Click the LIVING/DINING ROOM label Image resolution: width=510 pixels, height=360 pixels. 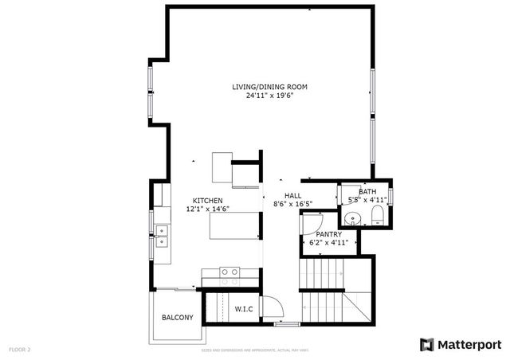pos(269,87)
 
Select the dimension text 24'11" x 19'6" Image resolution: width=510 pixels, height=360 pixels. pos(269,96)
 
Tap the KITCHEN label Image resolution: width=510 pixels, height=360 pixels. pos(207,201)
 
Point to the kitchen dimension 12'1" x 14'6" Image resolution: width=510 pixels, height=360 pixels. pos(207,209)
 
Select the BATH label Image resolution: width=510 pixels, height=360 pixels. pos(367,192)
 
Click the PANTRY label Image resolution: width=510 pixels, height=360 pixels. pos(328,234)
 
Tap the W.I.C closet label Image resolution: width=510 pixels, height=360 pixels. pos(243,309)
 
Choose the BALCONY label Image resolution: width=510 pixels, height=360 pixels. pos(177,318)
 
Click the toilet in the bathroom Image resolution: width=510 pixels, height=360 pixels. pos(377,217)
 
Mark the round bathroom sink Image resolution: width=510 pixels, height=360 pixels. pos(351,218)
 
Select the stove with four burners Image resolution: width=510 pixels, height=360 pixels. pos(230,276)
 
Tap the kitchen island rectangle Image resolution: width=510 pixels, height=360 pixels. pos(233,226)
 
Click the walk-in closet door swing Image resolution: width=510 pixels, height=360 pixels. pos(271,307)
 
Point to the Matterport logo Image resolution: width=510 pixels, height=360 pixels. pos(460,344)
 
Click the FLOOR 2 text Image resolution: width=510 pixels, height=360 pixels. pos(20,349)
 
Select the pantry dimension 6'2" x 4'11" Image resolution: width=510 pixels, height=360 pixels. pos(328,242)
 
